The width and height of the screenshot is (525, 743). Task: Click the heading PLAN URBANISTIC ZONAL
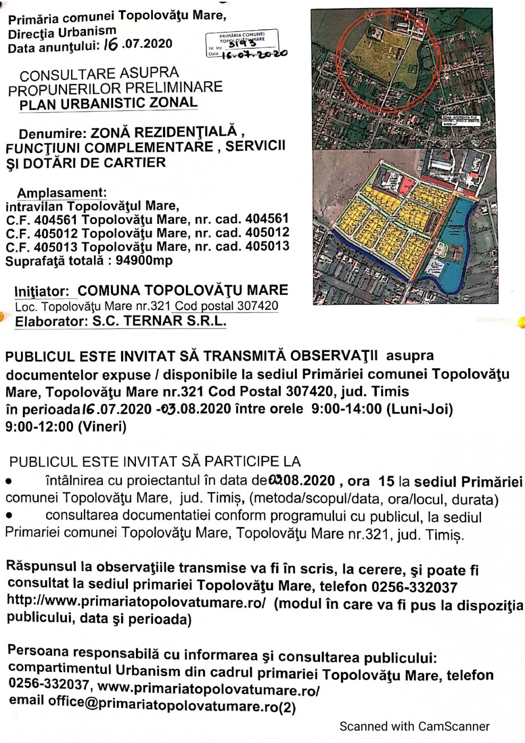(108, 103)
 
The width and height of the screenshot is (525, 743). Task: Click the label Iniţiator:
(42, 291)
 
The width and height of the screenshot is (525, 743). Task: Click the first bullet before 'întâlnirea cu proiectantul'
(8, 482)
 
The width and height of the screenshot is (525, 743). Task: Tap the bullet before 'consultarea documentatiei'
(8, 516)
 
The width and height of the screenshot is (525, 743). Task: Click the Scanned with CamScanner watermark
(414, 726)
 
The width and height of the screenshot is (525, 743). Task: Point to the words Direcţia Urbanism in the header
(62, 32)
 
